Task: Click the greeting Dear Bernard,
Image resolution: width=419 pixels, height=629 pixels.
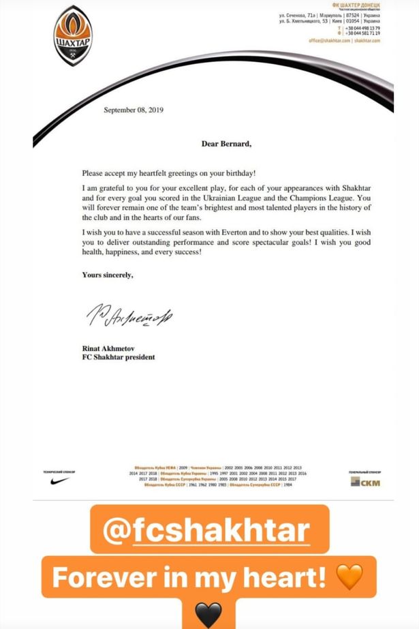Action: click(226, 144)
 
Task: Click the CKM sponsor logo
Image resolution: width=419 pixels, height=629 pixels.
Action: click(365, 482)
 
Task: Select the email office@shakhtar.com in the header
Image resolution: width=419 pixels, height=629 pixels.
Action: click(329, 41)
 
